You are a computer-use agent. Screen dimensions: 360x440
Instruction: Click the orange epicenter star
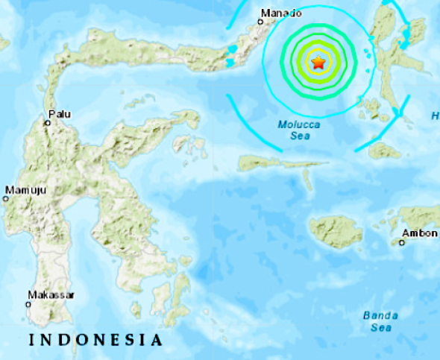[318, 63]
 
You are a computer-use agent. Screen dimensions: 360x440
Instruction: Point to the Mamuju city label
[26, 191]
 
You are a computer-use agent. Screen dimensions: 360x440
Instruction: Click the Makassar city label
[51, 295]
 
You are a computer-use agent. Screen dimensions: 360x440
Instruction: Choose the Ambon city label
[419, 233]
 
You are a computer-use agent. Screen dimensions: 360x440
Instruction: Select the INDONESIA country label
[95, 341]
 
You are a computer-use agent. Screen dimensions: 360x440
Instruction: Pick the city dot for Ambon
[401, 241]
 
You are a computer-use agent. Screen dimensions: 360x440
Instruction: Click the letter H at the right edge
[435, 115]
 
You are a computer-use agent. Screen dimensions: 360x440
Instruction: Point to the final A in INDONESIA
[156, 341]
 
